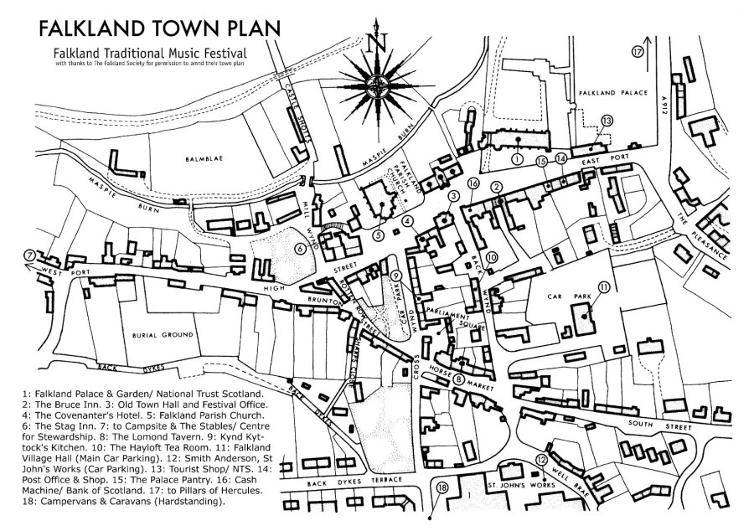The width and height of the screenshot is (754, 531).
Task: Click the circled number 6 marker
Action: click(299, 248)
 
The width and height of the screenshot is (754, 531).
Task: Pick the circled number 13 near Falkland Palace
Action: click(607, 121)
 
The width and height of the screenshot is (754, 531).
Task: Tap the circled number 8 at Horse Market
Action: click(458, 379)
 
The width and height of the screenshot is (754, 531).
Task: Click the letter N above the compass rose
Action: click(380, 42)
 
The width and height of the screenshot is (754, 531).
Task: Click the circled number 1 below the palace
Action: click(517, 157)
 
